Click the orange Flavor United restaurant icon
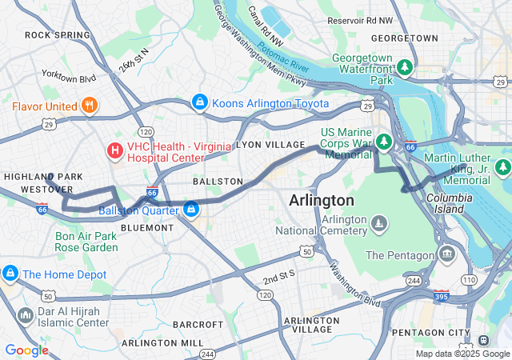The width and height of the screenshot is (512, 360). [x=89, y=105]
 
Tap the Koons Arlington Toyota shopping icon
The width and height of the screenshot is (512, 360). [x=198, y=103]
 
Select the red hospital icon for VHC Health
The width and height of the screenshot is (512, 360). [x=115, y=150]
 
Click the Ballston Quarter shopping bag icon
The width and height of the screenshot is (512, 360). [x=191, y=210]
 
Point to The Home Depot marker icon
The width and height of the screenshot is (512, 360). [x=10, y=274]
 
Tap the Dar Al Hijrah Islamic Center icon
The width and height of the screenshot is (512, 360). [x=25, y=317]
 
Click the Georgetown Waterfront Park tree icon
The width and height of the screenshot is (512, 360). [x=406, y=66]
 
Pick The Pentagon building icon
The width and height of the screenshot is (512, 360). [x=447, y=255]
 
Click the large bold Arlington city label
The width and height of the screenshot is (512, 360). [x=322, y=199]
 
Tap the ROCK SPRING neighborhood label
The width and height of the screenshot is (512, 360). [x=58, y=35]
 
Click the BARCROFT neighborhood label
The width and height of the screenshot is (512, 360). [x=198, y=324]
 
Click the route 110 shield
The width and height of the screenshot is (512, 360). [x=468, y=280]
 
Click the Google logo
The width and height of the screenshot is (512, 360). [x=26, y=350]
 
